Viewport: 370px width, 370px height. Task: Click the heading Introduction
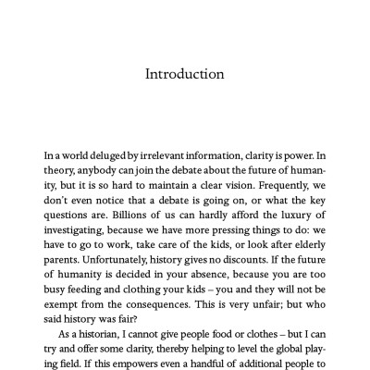(184, 73)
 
